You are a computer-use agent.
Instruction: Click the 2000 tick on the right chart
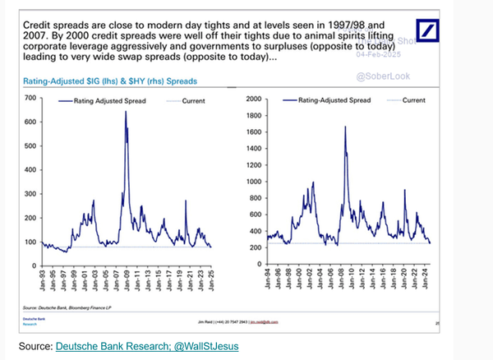(x=253, y=99)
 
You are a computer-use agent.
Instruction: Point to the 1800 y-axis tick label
(x=253, y=115)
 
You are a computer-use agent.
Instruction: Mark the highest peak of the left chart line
(x=126, y=112)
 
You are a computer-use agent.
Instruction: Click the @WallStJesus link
(x=201, y=346)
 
